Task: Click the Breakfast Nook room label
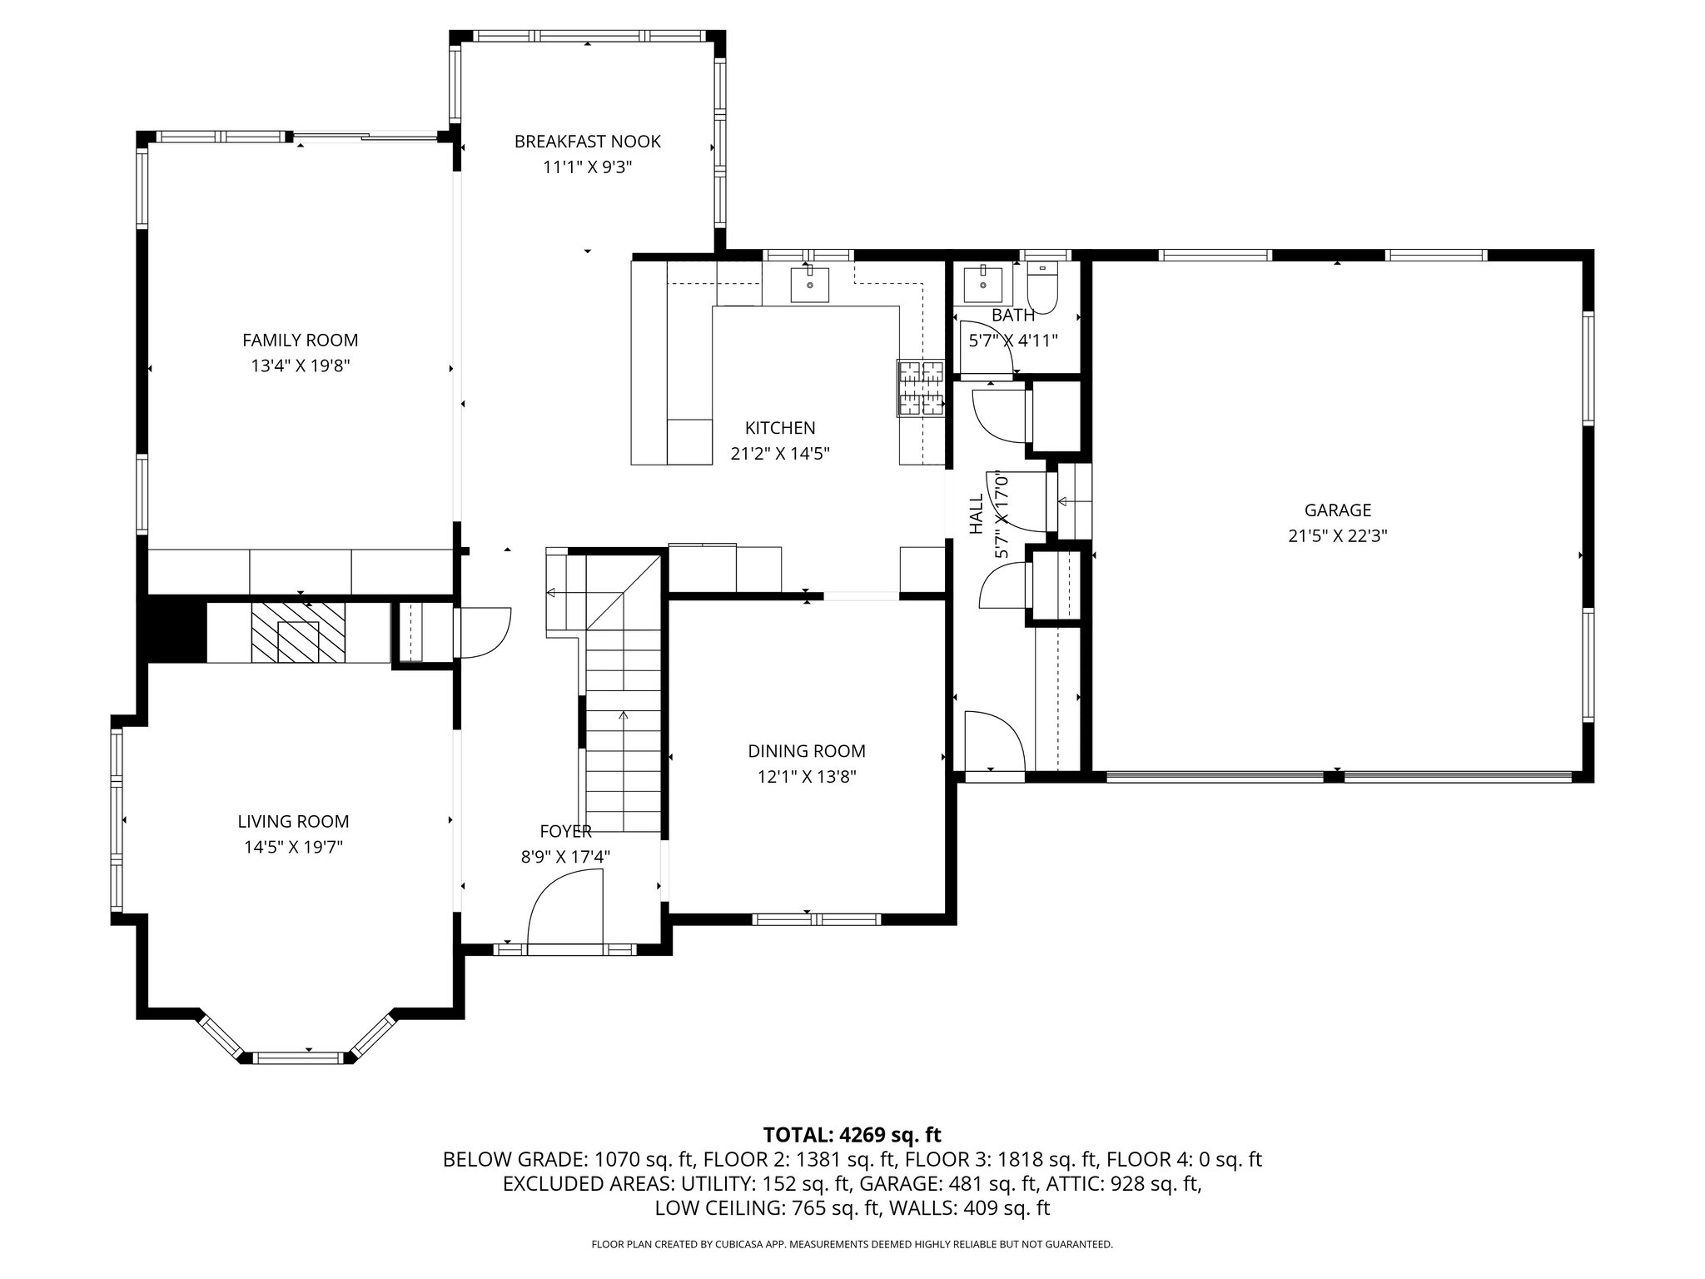(587, 142)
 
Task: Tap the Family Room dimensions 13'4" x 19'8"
(300, 366)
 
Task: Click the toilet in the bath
(1041, 288)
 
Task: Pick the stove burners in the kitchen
(921, 387)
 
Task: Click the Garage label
(1337, 510)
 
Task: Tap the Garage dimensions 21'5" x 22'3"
(1337, 536)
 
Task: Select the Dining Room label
(807, 751)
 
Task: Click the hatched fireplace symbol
(298, 633)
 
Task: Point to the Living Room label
(293, 822)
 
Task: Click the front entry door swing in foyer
(564, 907)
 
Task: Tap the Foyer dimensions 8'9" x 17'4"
(565, 857)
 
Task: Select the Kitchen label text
(780, 428)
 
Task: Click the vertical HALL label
(977, 514)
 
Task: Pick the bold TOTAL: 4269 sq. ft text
(852, 1134)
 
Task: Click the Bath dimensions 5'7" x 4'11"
(1013, 341)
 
